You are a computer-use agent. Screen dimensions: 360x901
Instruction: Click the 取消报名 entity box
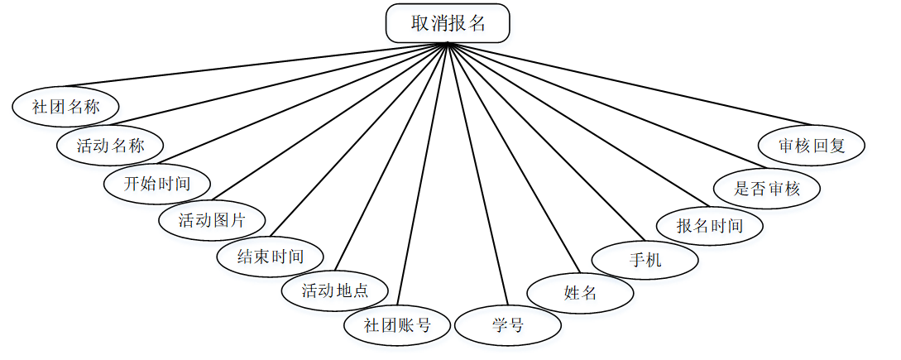[448, 24]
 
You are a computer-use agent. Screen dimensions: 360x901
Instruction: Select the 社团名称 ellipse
[65, 107]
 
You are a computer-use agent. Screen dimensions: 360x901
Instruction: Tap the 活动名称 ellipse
[110, 146]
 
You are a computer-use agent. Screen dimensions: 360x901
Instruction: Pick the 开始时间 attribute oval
[157, 184]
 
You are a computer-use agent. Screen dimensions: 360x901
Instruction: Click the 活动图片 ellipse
[213, 220]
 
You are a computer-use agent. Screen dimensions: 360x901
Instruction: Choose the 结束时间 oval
[271, 257]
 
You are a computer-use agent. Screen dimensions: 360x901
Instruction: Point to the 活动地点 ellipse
[334, 290]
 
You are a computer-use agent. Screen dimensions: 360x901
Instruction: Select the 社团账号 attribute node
[397, 324]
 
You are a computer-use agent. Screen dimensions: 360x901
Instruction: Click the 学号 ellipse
[508, 325]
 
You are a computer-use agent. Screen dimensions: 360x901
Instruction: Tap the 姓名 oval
[581, 293]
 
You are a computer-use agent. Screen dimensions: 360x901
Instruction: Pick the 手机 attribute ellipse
[645, 260]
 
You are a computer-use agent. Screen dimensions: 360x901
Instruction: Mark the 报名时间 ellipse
[709, 225]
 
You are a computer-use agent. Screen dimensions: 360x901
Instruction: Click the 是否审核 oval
[767, 188]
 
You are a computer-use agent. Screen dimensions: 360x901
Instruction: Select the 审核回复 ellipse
[812, 146]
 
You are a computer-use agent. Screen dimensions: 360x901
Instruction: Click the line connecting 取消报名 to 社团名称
[256, 64]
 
